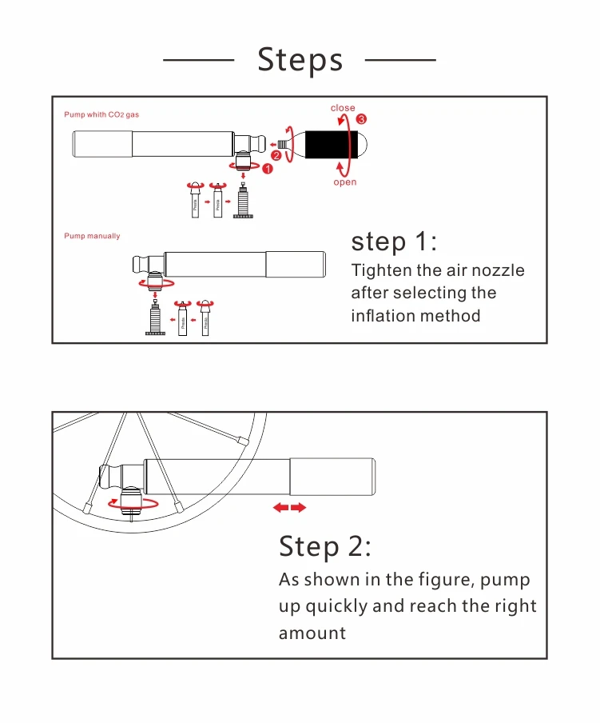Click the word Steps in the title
coord(300,60)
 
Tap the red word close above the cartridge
coord(343,108)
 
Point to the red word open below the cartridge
coord(345,182)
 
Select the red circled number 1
coord(268,170)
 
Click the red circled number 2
coord(276,155)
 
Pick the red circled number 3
coord(361,119)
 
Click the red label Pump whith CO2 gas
coord(101,115)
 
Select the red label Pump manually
coord(92,236)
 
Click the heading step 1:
coord(394,242)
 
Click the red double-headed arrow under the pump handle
coord(289,508)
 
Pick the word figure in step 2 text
coord(446,580)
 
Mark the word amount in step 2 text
coord(312,633)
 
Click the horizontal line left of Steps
coord(198,60)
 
